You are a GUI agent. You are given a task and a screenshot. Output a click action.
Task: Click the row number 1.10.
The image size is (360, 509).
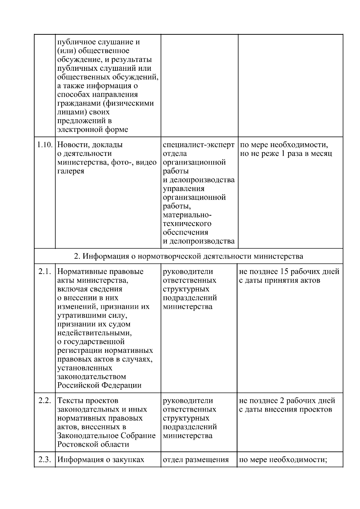45,145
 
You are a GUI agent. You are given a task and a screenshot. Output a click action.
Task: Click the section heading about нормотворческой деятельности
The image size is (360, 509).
188,256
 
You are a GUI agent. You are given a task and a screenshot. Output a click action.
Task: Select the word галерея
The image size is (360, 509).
70,171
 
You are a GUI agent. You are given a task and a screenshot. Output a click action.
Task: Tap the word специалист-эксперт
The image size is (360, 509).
199,145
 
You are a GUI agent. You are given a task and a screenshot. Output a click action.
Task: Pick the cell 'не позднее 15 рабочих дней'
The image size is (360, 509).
289,276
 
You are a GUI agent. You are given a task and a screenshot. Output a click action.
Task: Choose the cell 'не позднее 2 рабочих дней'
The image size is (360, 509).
286,405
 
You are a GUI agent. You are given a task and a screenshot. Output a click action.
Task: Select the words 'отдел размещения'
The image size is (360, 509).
196,460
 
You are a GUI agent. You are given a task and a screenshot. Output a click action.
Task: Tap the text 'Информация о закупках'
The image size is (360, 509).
101,460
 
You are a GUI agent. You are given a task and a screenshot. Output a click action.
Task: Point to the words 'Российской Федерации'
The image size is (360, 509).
99,385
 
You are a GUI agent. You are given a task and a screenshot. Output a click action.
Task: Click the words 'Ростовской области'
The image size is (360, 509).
93,445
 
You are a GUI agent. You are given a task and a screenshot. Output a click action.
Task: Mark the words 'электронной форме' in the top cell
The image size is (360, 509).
92,130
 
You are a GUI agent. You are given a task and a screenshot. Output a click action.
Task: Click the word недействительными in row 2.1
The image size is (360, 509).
94,333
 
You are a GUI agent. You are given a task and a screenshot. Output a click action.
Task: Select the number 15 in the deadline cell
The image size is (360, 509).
284,272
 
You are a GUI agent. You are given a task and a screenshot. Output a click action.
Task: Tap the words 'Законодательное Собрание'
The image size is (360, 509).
106,436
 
